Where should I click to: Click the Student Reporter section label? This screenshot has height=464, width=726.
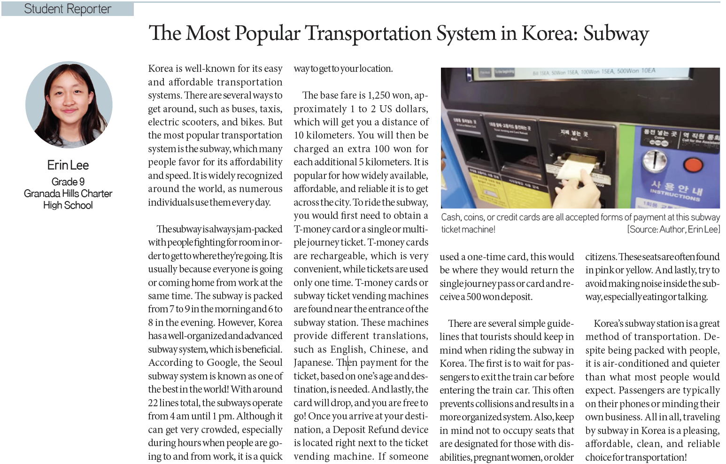pyautogui.click(x=68, y=9)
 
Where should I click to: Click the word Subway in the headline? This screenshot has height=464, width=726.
pyautogui.click(x=616, y=33)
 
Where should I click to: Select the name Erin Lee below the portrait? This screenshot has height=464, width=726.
pyautogui.click(x=68, y=165)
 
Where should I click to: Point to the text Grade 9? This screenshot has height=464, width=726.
pyautogui.click(x=68, y=182)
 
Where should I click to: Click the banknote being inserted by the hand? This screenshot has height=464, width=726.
pyautogui.click(x=574, y=170)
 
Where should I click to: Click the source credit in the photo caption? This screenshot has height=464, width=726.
pyautogui.click(x=673, y=230)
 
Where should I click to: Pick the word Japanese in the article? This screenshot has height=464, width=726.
pyautogui.click(x=313, y=363)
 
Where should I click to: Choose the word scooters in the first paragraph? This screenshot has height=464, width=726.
pyautogui.click(x=200, y=122)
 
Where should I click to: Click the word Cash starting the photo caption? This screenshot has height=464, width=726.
pyautogui.click(x=451, y=217)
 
